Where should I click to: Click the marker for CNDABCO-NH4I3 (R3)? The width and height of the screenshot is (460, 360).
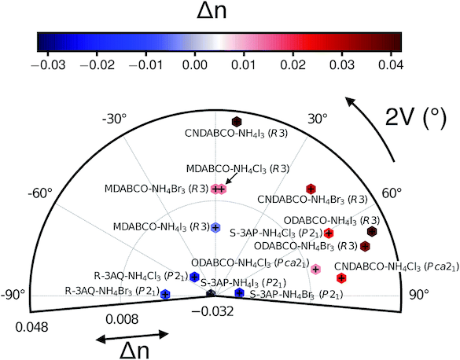coord(236,121)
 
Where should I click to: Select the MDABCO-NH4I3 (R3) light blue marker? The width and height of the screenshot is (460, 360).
coord(215,227)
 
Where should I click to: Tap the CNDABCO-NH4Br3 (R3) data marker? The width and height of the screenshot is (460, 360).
coord(311,189)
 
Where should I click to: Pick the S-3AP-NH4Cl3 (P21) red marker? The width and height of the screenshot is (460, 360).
coord(329,233)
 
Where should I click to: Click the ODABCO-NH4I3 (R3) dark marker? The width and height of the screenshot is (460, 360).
coord(372,231)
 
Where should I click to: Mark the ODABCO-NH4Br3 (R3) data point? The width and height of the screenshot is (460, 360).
coord(365,246)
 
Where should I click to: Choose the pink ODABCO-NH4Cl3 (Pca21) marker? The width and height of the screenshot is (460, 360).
coord(315,269)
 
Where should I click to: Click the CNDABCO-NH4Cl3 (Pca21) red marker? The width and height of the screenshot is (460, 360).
coord(341,277)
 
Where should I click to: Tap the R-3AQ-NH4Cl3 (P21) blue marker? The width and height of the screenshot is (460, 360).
coord(194,277)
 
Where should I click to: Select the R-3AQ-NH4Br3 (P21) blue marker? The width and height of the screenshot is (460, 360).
coord(165,294)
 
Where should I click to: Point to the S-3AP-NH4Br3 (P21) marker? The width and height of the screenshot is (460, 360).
coord(240,292)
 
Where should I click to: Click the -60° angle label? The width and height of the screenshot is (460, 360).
coord(40,194)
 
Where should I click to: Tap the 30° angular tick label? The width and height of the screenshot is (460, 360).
coord(318,119)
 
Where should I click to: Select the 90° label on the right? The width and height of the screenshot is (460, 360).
coord(419,295)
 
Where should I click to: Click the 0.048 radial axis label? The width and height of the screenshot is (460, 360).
coord(31,327)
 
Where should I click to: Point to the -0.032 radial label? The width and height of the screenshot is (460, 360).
coord(212,311)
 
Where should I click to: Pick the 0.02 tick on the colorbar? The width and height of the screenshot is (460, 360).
coord(293,65)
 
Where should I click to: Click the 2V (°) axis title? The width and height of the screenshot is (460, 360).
coord(416,116)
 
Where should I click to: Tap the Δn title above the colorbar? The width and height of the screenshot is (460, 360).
coord(212,11)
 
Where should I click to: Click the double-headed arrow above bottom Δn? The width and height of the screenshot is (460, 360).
coord(133,336)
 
